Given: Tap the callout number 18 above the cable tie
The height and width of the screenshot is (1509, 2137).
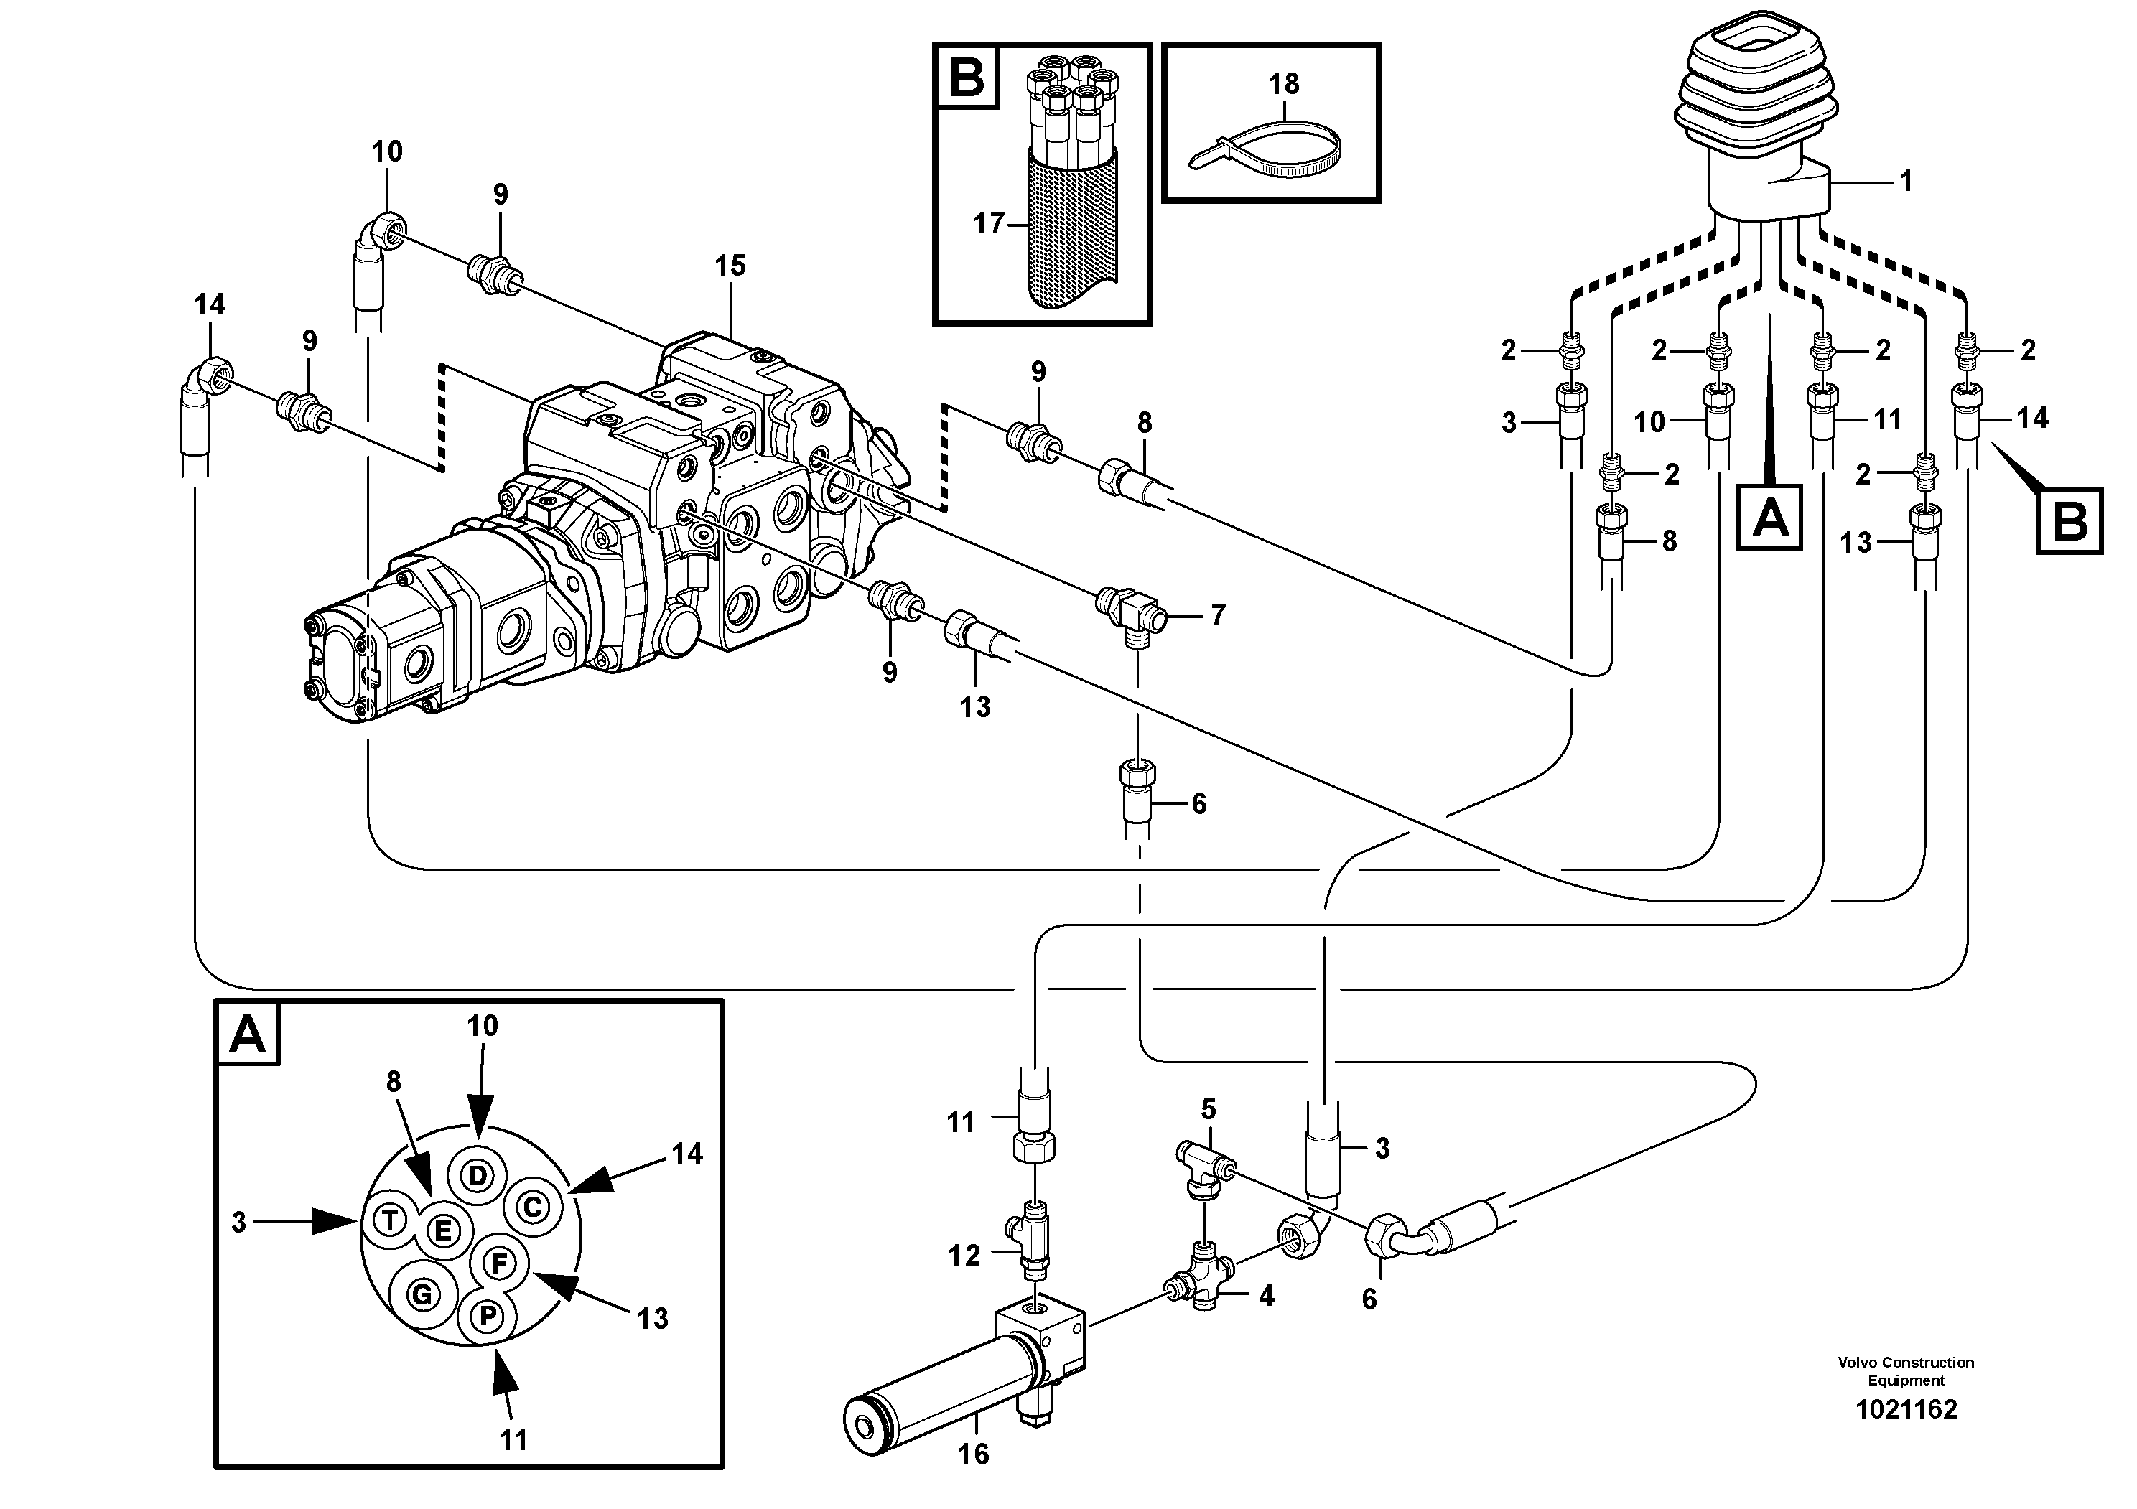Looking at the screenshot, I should (1282, 84).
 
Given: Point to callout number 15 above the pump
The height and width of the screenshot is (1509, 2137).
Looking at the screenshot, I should (730, 266).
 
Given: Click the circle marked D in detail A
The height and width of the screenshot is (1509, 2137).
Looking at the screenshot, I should (477, 1176).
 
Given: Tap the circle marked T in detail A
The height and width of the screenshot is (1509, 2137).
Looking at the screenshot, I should (390, 1220).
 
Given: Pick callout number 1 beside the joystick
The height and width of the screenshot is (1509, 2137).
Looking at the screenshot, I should (1905, 180).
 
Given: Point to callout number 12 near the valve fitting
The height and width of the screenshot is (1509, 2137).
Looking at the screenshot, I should (964, 1256).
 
